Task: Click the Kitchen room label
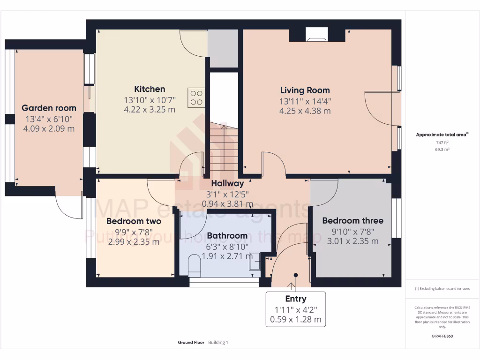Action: tap(150, 89)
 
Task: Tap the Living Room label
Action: tap(305, 90)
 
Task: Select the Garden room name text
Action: tap(49, 108)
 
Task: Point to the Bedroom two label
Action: tap(134, 221)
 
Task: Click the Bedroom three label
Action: tap(352, 220)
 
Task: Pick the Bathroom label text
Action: tap(227, 235)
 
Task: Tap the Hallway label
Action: tap(227, 183)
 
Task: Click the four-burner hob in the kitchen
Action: tap(196, 97)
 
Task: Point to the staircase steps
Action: tap(224, 148)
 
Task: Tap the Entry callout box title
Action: tap(295, 299)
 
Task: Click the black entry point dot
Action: tap(296, 275)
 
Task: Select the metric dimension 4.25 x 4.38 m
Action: tap(305, 111)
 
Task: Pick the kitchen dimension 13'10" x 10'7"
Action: tap(150, 100)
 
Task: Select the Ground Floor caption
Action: tap(191, 343)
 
